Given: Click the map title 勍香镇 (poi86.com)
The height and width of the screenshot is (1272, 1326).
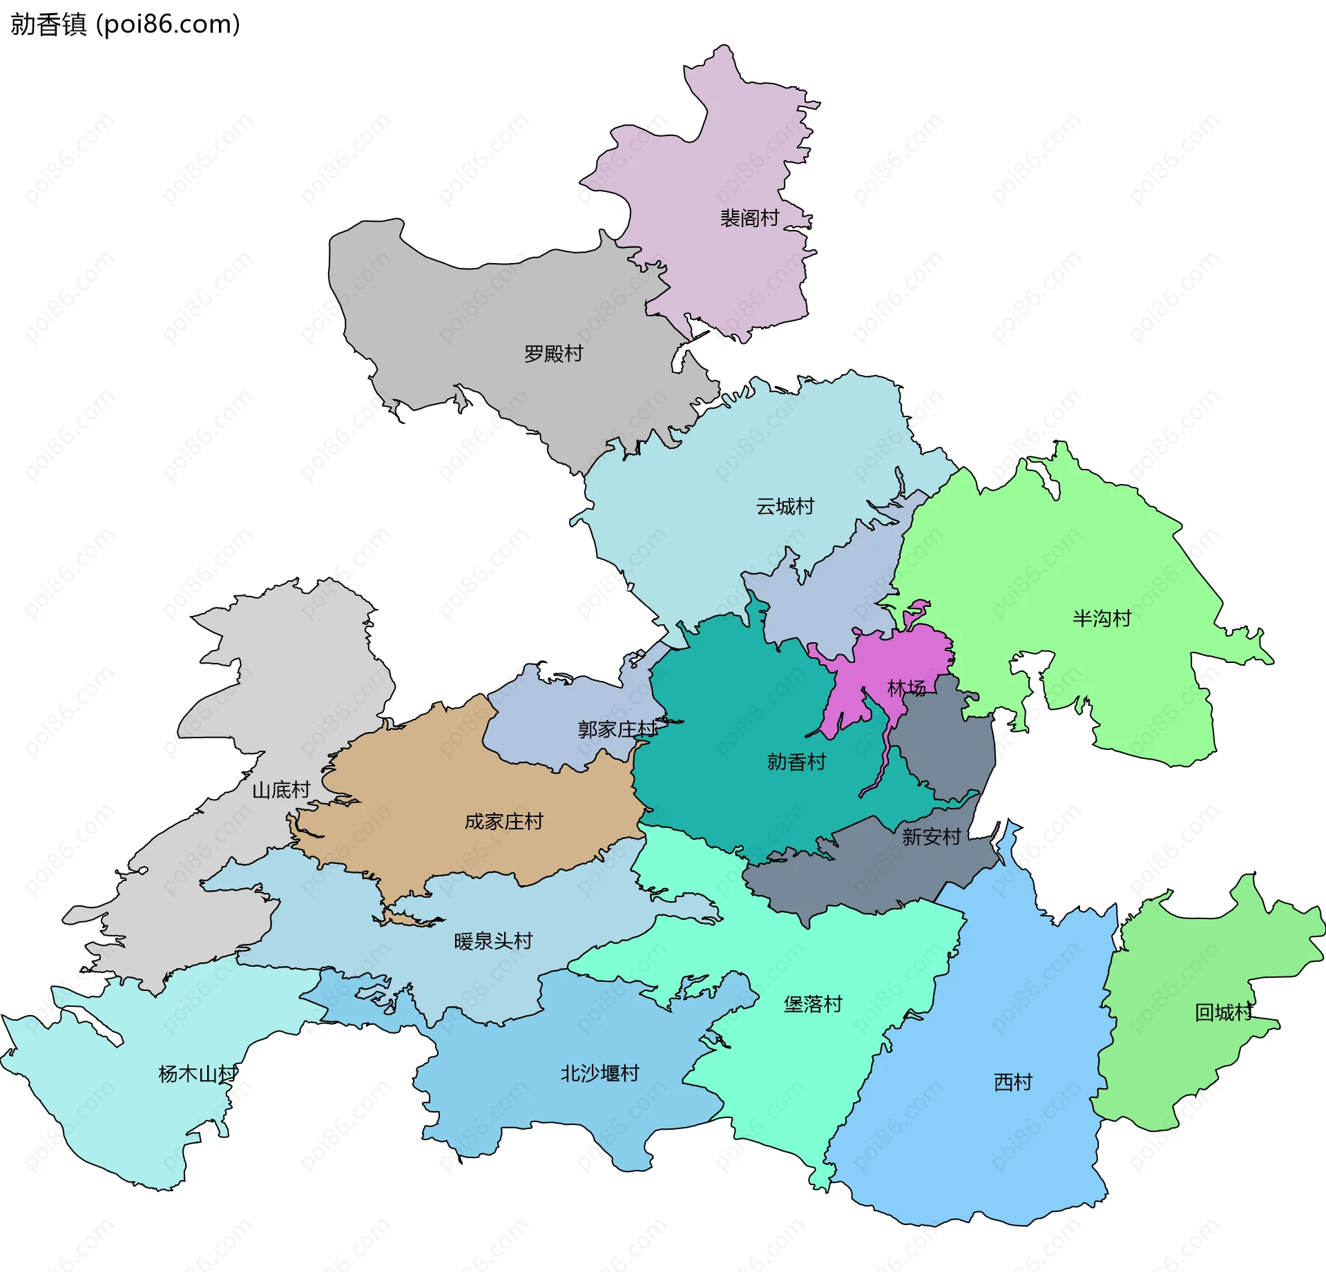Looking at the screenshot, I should tap(125, 24).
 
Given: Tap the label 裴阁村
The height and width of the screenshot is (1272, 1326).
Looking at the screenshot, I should tap(749, 218).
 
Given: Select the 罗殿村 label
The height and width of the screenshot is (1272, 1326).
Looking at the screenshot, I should tap(553, 354).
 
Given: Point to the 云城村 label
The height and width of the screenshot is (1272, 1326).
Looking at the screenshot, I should tap(785, 506).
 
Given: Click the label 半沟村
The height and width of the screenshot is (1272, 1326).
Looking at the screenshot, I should tap(1102, 618).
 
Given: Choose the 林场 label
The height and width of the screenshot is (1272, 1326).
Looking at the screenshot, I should tap(906, 688).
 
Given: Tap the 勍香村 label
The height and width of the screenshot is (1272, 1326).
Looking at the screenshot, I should tap(796, 762).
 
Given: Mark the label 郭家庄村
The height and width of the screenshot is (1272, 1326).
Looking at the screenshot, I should tap(617, 729).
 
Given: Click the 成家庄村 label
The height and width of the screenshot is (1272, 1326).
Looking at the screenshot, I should tap(503, 821).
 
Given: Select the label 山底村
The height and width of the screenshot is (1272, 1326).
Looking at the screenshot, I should tap(280, 790).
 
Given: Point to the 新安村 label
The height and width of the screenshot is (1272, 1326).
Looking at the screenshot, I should tap(931, 837).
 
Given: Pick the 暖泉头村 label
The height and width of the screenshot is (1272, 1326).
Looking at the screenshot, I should tap(493, 941).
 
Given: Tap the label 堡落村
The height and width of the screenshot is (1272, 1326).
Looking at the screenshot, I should tap(813, 1004).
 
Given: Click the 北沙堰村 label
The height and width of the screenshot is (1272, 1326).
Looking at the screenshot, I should tap(599, 1073).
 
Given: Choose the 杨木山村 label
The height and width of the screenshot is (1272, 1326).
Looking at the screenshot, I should tap(198, 1074).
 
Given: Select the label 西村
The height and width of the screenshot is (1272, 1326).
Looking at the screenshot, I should tap(1012, 1082).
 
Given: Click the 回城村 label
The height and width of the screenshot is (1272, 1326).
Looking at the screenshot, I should tap(1224, 1012).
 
